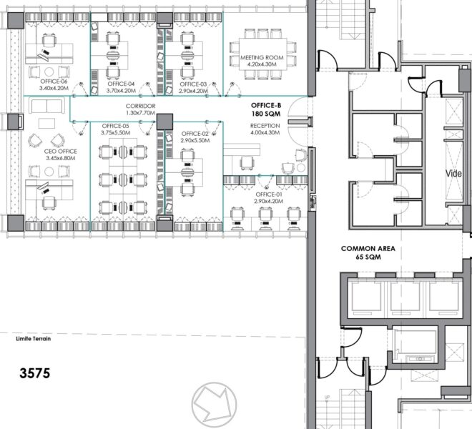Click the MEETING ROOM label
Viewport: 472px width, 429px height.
[262, 57]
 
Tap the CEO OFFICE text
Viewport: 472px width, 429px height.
[61, 151]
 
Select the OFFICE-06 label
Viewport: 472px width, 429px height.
[54, 82]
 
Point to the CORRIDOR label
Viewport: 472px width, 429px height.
[141, 106]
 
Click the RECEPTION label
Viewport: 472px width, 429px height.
[265, 126]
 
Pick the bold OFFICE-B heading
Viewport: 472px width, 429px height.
[266, 105]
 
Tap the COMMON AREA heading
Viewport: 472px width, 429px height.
[368, 249]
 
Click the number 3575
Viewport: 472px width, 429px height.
[35, 373]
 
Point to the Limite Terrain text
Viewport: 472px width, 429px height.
[34, 339]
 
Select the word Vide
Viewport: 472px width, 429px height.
[453, 174]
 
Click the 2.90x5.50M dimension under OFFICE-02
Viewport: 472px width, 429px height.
[195, 140]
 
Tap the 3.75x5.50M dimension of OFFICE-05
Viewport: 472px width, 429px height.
[116, 133]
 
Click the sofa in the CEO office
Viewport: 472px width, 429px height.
[46, 105]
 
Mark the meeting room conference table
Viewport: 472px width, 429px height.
[262, 54]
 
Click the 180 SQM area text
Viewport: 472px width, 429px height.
[266, 114]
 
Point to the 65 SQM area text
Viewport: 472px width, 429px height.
[368, 257]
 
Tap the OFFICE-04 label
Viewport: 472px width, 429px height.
[121, 84]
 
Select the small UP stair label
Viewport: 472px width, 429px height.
[328, 398]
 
